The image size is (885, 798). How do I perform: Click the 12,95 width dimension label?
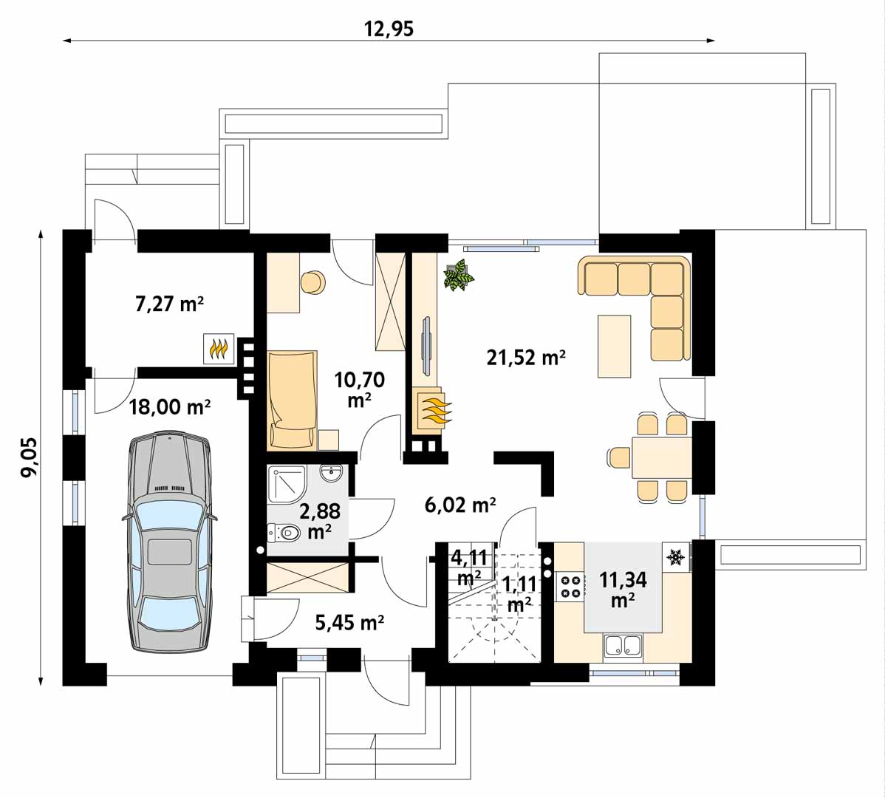point(389,28)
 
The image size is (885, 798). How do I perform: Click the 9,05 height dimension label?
point(29,457)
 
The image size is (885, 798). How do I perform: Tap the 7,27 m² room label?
point(169,304)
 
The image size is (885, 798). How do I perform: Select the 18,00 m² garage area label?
point(170,406)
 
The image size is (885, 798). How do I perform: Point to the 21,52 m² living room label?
point(526,357)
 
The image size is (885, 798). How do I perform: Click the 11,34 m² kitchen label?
point(623,589)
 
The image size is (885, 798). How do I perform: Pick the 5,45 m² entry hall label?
point(349,622)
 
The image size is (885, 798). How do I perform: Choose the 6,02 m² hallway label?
point(460,505)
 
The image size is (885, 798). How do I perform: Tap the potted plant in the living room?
point(459,275)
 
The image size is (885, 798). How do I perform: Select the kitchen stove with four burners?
point(570,586)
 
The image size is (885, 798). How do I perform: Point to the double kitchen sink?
point(623,647)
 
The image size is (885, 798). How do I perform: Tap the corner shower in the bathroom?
point(287,484)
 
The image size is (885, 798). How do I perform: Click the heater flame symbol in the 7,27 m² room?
point(219,349)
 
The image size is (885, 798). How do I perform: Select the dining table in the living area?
point(661,457)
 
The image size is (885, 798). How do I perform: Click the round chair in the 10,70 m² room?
point(313,282)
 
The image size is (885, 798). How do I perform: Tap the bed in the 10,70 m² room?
point(292,400)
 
